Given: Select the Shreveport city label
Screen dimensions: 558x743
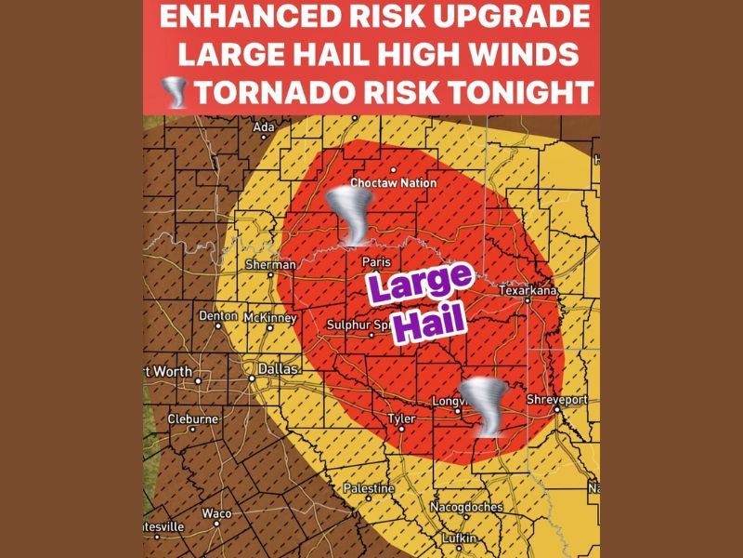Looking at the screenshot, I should [557, 400].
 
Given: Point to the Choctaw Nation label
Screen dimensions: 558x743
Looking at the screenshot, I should [393, 183].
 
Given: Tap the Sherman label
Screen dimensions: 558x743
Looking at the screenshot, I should [269, 265].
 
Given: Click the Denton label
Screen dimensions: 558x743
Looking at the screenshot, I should [218, 316].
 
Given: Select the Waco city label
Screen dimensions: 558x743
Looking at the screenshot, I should [216, 513].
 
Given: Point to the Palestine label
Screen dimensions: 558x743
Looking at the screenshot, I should [369, 488].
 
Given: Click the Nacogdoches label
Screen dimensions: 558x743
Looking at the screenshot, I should [466, 507].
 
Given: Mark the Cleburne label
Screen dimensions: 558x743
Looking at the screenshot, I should [192, 419].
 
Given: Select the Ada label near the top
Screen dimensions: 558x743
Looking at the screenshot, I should [265, 127].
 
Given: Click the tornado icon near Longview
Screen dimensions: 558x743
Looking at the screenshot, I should [485, 406].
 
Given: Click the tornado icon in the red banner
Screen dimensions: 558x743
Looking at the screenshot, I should [174, 92].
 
